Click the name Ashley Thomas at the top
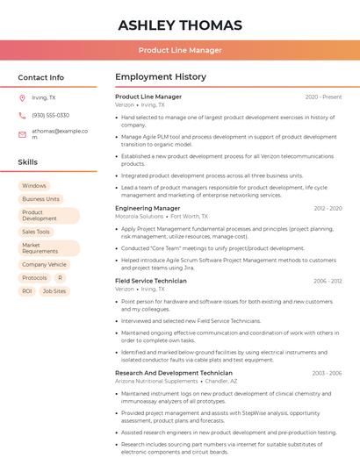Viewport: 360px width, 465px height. (180, 25)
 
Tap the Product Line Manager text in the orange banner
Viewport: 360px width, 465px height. (180, 51)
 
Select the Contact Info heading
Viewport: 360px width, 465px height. (41, 77)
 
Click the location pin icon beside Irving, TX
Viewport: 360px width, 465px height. (22, 98)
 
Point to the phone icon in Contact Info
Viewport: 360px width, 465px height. (22, 116)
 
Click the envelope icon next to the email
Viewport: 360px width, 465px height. (22, 134)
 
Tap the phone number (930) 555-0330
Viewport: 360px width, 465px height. (50, 116)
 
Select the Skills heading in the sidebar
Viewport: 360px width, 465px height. (28, 162)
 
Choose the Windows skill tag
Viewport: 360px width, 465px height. (34, 186)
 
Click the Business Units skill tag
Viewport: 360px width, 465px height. (40, 199)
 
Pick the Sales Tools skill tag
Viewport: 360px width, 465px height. (36, 232)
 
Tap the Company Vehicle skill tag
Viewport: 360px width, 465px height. (44, 264)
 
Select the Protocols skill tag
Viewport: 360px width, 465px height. (34, 277)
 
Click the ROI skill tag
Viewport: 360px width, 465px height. (27, 291)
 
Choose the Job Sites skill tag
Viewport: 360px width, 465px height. (54, 291)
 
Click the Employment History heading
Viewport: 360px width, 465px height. (161, 77)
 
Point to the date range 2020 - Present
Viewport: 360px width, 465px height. (323, 97)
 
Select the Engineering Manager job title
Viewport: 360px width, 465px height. (148, 209)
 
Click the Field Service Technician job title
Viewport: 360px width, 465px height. (151, 282)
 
